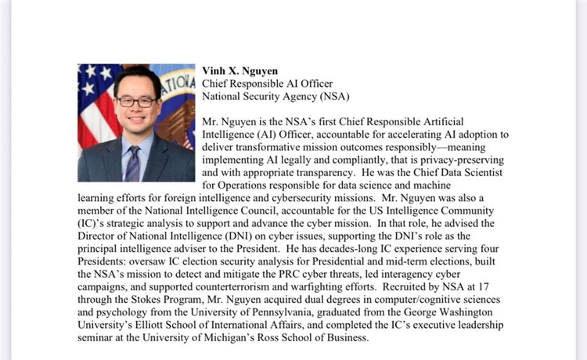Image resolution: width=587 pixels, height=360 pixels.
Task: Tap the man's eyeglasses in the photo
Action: [x=135, y=103]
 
